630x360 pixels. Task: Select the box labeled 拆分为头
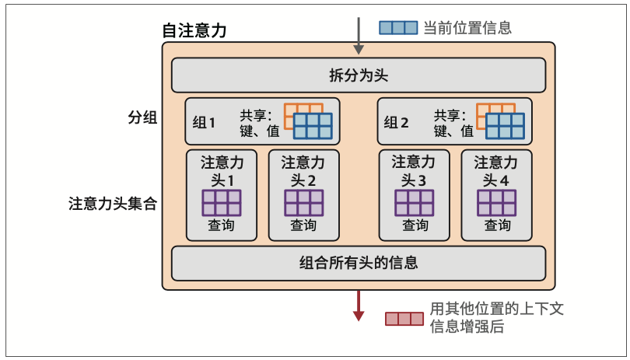pos(359,75)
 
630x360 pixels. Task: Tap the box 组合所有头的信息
pos(359,263)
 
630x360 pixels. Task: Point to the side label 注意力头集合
pos(114,204)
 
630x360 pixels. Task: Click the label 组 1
pos(204,122)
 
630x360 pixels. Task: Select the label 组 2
pos(397,122)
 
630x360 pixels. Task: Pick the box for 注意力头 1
pos(221,194)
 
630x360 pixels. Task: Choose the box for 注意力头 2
pos(303,194)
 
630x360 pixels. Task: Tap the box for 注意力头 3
pos(414,194)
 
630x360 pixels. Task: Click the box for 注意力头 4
pos(496,194)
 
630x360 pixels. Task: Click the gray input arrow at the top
pos(359,35)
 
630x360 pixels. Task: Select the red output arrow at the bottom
pos(359,305)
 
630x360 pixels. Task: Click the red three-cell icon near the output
pos(404,319)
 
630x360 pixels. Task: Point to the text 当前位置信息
pos(467,28)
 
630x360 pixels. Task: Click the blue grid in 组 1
pos(313,126)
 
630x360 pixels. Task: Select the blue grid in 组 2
pos(505,126)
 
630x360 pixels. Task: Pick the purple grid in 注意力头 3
pos(414,202)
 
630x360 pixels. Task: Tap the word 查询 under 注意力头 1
pos(221,225)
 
